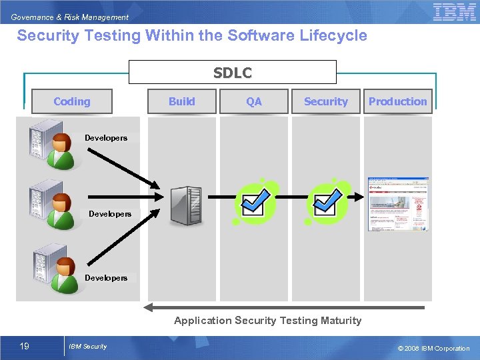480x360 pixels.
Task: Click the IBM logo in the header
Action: [454, 12]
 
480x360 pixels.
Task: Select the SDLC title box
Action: [233, 72]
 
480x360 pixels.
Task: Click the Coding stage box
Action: [72, 101]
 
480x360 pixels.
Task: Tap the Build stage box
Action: [182, 101]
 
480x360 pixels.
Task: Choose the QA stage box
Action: [254, 101]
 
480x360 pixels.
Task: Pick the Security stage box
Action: [326, 101]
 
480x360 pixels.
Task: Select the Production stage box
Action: [398, 101]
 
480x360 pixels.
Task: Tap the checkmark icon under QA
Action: [255, 201]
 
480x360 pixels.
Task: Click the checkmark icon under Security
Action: [327, 201]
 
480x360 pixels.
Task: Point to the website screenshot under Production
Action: [398, 204]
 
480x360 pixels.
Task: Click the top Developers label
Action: [105, 138]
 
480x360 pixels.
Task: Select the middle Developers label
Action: [110, 214]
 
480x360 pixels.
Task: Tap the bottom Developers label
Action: [105, 277]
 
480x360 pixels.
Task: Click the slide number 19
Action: [25, 346]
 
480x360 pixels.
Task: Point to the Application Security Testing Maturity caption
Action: [267, 321]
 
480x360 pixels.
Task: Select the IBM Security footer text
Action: [87, 346]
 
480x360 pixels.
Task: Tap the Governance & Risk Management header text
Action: [70, 17]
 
